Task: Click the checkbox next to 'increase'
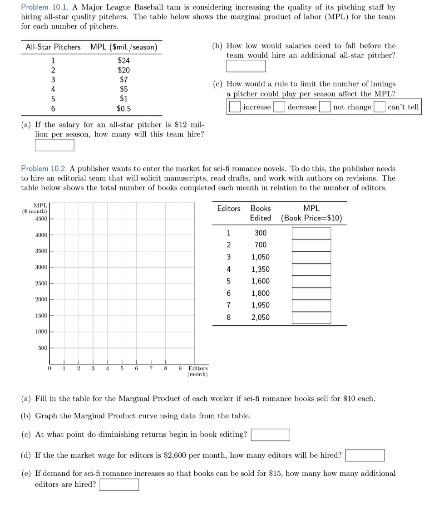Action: [x=234, y=107]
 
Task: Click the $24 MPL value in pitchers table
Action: [x=123, y=60]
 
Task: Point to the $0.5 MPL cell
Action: [x=123, y=108]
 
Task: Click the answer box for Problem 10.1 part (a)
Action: [x=54, y=145]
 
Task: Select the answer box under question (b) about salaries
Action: [x=246, y=66]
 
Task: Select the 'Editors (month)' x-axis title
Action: [x=198, y=371]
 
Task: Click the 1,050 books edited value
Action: [x=261, y=257]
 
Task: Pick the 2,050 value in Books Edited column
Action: [x=261, y=317]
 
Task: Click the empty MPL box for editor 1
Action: [x=311, y=233]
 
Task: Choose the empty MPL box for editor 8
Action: [x=311, y=317]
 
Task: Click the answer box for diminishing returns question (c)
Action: [x=271, y=435]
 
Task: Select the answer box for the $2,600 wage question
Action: [x=365, y=455]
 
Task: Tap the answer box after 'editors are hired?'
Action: [x=119, y=484]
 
